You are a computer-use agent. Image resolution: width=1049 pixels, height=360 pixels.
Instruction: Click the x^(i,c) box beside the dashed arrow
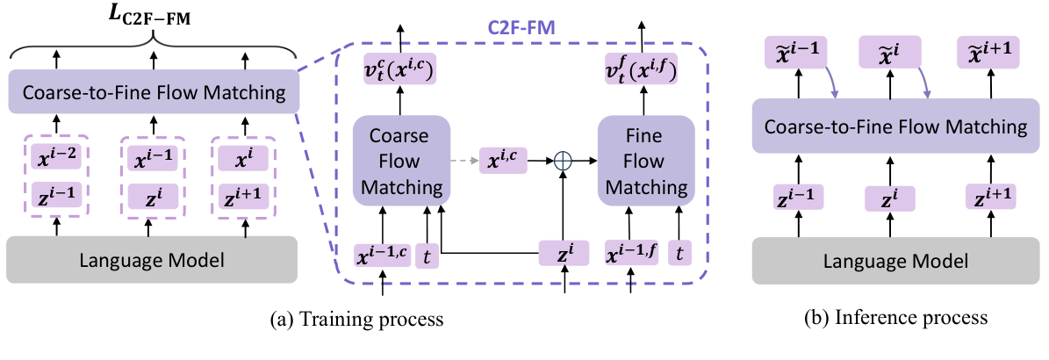(x=506, y=162)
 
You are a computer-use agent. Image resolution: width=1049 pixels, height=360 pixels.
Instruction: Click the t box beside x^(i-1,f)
(x=680, y=256)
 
